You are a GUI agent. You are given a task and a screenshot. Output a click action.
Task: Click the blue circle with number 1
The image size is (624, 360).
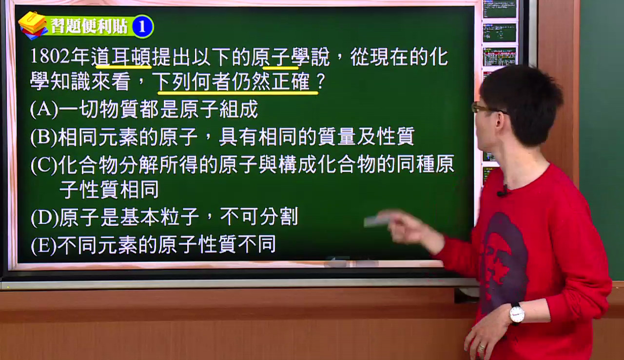click(143, 27)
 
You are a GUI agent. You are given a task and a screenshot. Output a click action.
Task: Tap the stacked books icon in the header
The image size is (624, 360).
click(33, 25)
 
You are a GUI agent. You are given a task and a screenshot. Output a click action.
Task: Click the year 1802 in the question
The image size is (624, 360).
click(50, 56)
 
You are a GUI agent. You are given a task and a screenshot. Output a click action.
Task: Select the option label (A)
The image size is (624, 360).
click(44, 109)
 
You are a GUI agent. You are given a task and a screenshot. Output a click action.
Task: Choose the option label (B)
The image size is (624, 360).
click(44, 137)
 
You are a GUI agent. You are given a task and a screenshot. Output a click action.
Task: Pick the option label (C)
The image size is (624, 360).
click(44, 165)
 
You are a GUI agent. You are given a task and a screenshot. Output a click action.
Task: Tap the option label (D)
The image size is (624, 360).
click(44, 218)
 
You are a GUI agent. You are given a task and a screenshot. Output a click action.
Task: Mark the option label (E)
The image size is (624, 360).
click(44, 245)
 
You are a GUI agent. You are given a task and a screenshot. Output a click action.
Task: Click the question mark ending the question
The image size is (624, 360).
click(321, 81)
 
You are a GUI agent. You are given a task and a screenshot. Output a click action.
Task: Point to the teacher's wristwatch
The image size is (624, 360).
click(517, 314)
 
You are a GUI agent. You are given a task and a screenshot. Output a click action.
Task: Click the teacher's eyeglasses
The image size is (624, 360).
click(488, 109)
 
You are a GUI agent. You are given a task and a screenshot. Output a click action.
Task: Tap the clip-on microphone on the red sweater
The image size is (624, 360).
click(503, 191)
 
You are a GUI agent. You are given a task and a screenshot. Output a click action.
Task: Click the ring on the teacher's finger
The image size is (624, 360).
click(482, 348)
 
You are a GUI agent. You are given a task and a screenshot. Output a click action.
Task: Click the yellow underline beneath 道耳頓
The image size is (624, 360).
click(123, 67)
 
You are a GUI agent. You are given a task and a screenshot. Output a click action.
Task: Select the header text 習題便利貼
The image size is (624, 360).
click(89, 27)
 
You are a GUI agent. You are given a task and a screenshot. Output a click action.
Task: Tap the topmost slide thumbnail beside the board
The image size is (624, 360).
click(499, 8)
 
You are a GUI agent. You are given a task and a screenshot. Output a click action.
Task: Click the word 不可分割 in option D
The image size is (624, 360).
click(259, 217)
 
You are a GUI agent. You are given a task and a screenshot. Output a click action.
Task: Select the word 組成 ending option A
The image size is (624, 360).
click(238, 109)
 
